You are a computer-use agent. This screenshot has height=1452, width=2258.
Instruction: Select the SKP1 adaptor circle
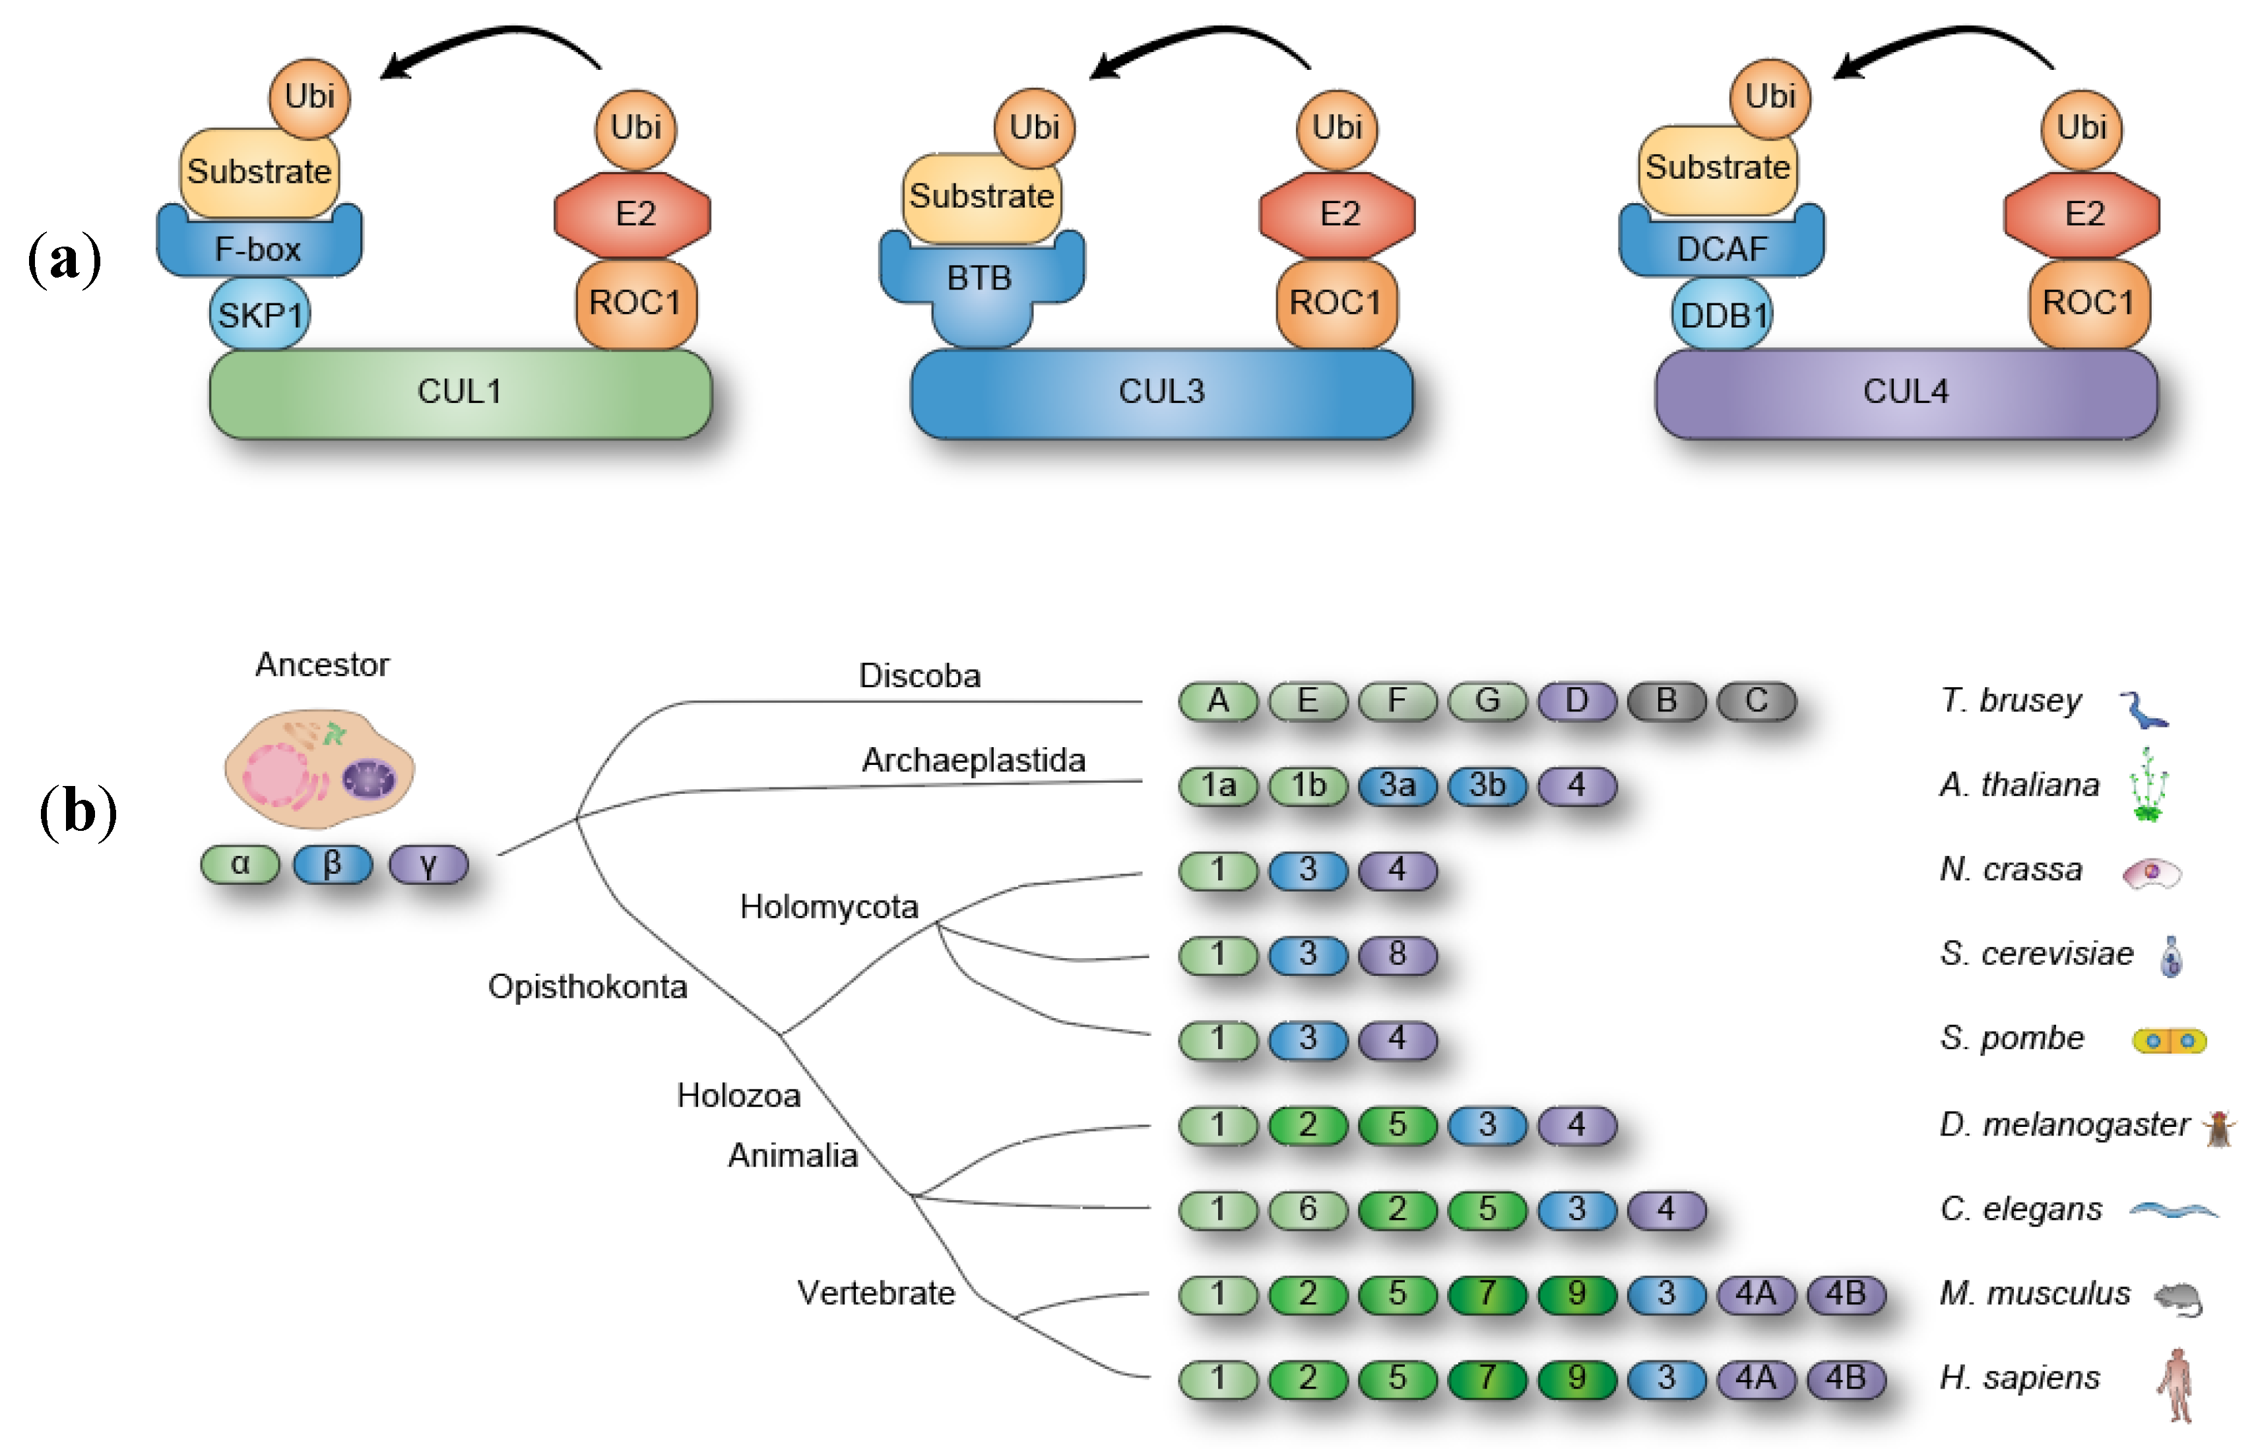pyautogui.click(x=259, y=314)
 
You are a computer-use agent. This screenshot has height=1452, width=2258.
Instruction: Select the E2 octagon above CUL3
pyautogui.click(x=1338, y=214)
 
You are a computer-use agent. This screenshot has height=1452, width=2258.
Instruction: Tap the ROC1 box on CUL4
pyautogui.click(x=2088, y=303)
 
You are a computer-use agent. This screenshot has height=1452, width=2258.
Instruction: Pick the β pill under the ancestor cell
pyautogui.click(x=332, y=864)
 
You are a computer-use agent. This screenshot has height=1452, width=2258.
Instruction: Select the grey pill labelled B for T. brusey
pyautogui.click(x=1665, y=700)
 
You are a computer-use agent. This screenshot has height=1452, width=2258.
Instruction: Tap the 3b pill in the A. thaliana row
pyautogui.click(x=1487, y=785)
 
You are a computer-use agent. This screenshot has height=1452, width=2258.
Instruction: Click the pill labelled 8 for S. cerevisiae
pyautogui.click(x=1397, y=954)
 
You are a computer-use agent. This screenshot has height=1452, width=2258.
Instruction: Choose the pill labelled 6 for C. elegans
pyautogui.click(x=1307, y=1209)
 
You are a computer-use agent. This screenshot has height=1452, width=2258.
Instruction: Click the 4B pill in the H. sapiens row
pyautogui.click(x=1845, y=1378)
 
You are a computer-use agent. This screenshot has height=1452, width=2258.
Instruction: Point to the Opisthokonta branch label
pyautogui.click(x=587, y=987)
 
